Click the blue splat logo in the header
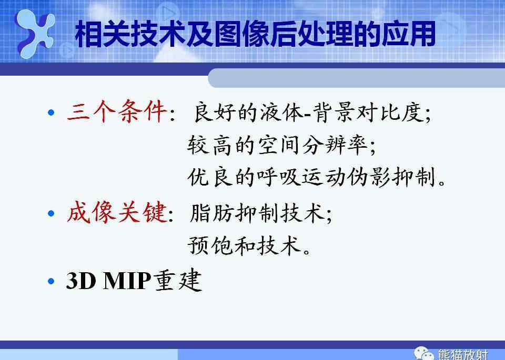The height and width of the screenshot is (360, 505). coord(35,34)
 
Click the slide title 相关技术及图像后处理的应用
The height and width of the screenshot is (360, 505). coord(255,34)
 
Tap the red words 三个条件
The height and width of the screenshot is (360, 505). coord(117,111)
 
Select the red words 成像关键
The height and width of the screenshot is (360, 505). coord(117,212)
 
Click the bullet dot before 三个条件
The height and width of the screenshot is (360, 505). coord(51,112)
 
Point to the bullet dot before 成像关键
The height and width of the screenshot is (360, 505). coord(51,213)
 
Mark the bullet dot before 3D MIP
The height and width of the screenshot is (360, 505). coord(51,281)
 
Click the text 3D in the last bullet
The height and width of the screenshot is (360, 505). coord(81,281)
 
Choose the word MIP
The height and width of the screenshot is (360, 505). coord(127,281)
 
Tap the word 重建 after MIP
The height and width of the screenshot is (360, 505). coord(178,280)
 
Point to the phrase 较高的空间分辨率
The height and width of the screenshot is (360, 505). coord(278,145)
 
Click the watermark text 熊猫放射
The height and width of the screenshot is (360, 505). coord(463,354)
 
